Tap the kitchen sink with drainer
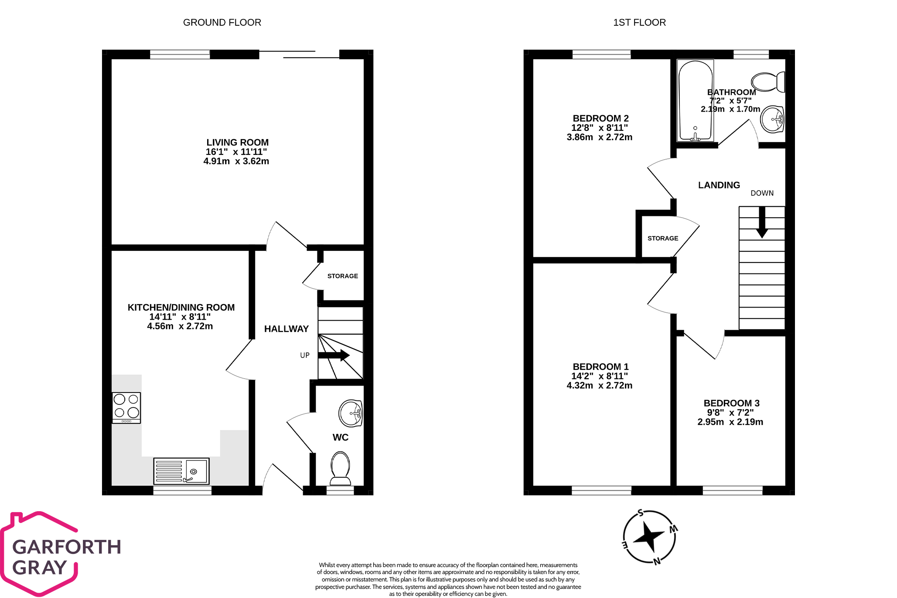point(181,471)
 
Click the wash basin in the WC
point(351,413)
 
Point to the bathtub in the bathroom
point(695,101)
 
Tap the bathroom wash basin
point(772,119)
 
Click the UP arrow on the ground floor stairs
point(334,355)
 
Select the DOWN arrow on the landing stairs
point(762,222)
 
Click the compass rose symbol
point(649,537)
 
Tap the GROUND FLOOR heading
point(222,23)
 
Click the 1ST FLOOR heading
point(639,23)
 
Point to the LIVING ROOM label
point(237,143)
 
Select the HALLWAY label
point(286,329)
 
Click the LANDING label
point(719,185)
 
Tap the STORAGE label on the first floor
point(662,239)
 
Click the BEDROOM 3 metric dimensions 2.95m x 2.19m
point(730,422)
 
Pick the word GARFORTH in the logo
point(67,547)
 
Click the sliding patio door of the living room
point(299,55)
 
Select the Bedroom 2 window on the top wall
point(601,55)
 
